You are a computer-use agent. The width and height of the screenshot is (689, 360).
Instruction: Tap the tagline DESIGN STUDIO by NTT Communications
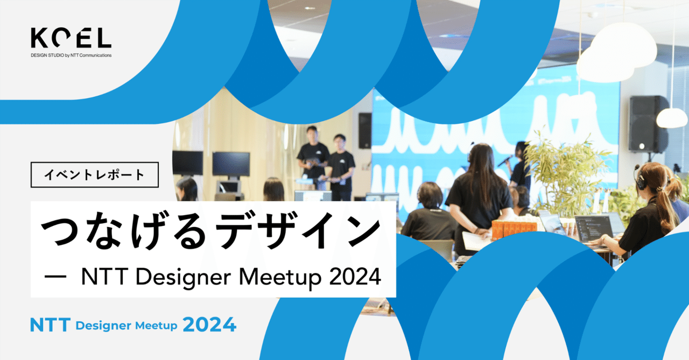pos(71,55)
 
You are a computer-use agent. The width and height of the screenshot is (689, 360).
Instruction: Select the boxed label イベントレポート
pos(95,175)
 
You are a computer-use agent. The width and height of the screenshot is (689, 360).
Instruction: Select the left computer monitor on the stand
pos(187,163)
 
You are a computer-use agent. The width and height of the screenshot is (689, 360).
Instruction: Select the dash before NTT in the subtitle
pos(55,278)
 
